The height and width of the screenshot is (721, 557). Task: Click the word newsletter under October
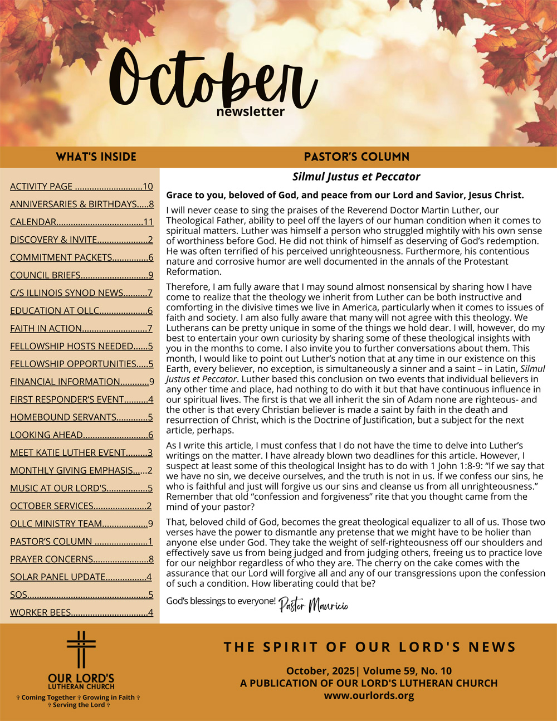pos(250,111)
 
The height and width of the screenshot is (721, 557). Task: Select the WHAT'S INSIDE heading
pos(96,157)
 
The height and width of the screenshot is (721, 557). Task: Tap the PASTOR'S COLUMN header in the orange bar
pos(356,157)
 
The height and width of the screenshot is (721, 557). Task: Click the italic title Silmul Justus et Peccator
pos(356,177)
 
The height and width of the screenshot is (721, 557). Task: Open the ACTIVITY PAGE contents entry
pos(81,187)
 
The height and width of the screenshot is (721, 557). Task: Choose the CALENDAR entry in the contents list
pos(81,222)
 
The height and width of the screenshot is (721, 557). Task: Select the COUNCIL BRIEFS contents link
pos(81,275)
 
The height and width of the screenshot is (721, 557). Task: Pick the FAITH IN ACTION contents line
pos(81,329)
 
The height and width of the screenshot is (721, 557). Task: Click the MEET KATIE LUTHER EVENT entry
pos(81,452)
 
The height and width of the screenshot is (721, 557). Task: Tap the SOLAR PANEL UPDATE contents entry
pos(81,577)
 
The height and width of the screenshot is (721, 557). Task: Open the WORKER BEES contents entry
pos(81,612)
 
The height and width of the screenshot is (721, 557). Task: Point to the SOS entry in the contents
pos(81,595)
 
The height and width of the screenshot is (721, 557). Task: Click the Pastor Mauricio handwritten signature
pos(313,605)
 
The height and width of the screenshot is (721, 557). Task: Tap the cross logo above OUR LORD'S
pos(81,649)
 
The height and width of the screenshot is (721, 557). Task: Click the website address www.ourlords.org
pos(369,695)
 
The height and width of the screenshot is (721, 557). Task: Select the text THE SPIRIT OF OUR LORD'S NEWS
pos(369,647)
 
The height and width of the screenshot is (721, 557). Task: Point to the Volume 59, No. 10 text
pos(407,671)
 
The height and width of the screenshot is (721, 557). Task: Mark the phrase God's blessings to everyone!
pos(221,601)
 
